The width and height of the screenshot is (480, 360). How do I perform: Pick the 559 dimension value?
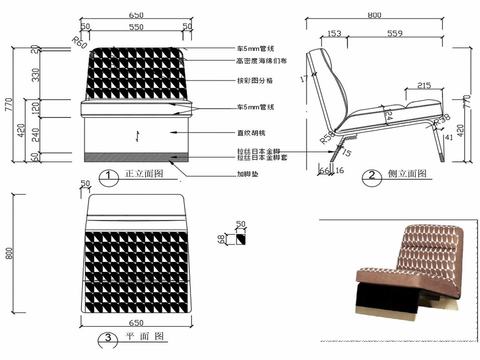click(395, 35)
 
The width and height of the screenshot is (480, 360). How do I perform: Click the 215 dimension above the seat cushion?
click(424, 87)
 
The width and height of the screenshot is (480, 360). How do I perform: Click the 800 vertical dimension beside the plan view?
click(12, 255)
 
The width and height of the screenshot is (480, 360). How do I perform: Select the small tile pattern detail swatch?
click(240, 239)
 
